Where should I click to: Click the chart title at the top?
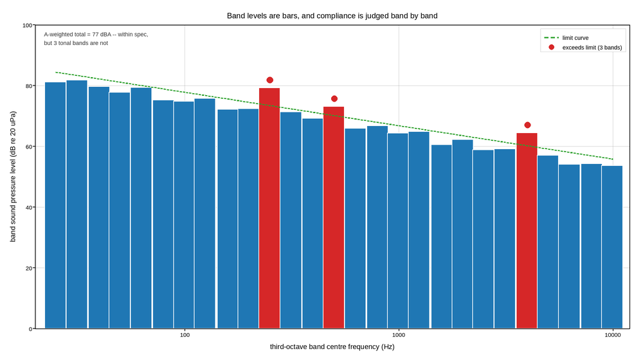click(x=332, y=16)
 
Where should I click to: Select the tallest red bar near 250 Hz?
click(x=269, y=208)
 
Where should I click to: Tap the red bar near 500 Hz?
click(x=334, y=217)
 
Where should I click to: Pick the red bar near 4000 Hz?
click(x=527, y=230)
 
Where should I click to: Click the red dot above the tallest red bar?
click(x=270, y=80)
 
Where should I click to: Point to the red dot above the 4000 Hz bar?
click(x=527, y=125)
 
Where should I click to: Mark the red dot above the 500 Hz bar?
click(x=334, y=99)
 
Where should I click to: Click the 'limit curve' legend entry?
click(x=566, y=38)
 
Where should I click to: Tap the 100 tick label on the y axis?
click(x=27, y=26)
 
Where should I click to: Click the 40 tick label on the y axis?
click(x=29, y=208)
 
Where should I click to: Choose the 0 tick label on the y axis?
click(x=30, y=329)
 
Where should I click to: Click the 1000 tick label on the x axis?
click(x=399, y=335)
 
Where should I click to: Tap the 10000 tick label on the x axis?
click(x=613, y=335)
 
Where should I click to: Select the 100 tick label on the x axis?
click(x=185, y=335)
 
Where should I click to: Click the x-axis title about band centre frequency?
click(x=332, y=347)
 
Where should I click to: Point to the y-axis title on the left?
click(x=13, y=177)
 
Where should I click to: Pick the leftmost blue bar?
click(x=55, y=206)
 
